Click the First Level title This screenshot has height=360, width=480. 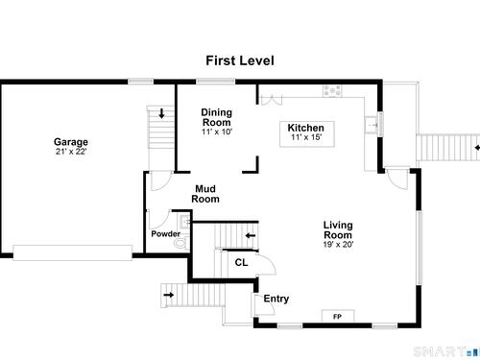pyautogui.click(x=240, y=60)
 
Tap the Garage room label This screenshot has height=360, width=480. pyautogui.click(x=71, y=142)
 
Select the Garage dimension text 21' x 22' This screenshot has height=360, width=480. pyautogui.click(x=71, y=152)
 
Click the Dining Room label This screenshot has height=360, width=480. pyautogui.click(x=217, y=117)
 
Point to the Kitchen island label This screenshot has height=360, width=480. pyautogui.click(x=306, y=128)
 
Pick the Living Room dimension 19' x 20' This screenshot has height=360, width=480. pyautogui.click(x=338, y=245)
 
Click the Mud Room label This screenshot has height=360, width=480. pyautogui.click(x=205, y=194)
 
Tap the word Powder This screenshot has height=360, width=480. pyautogui.click(x=165, y=234)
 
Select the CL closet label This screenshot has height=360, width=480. pyautogui.click(x=241, y=263)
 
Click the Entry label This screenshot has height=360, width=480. pyautogui.click(x=276, y=299)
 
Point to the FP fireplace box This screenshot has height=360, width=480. pyautogui.click(x=338, y=316)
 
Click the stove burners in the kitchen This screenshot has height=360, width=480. pyautogui.click(x=332, y=90)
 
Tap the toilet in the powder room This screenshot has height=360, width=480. pyautogui.click(x=181, y=243)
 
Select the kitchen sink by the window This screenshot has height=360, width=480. pyautogui.click(x=372, y=125)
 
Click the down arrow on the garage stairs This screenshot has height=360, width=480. pyautogui.click(x=161, y=113)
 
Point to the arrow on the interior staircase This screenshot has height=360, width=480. pyautogui.click(x=251, y=236)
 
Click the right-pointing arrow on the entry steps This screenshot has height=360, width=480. pyautogui.click(x=169, y=295)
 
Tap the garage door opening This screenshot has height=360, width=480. pyautogui.click(x=73, y=252)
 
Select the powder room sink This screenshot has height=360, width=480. pyautogui.click(x=185, y=222)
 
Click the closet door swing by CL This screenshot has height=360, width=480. pyautogui.click(x=267, y=262)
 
